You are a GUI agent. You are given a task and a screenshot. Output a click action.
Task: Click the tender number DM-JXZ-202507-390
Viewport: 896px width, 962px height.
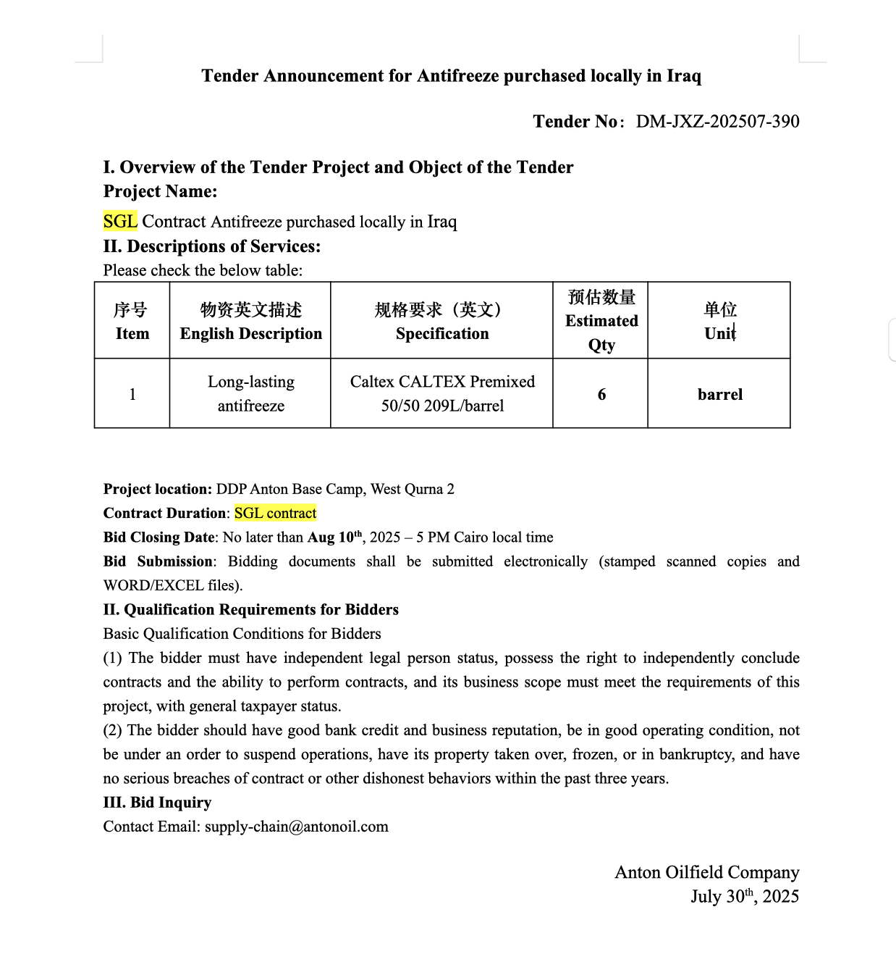(717, 122)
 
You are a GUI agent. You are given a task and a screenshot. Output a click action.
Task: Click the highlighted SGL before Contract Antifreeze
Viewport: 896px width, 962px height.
(120, 222)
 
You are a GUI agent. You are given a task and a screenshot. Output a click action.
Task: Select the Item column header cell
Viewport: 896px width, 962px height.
(132, 321)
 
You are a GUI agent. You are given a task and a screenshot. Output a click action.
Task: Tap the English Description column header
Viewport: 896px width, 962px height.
(250, 321)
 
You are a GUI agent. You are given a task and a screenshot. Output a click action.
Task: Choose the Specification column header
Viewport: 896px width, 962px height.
(441, 321)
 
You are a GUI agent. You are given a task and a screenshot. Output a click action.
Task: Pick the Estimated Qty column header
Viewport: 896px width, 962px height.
(601, 321)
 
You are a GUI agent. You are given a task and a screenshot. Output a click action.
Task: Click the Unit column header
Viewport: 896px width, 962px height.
(719, 321)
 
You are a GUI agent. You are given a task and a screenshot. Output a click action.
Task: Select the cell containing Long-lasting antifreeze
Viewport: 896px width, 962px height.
(250, 393)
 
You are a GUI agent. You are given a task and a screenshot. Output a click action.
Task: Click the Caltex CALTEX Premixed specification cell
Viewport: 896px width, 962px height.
(441, 393)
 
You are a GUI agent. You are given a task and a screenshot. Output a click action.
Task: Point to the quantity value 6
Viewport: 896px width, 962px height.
(601, 395)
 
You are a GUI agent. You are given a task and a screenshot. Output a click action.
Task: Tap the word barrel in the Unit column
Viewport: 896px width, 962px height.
(719, 395)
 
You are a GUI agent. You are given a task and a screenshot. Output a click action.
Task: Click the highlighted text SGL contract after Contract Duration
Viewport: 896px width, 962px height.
(275, 514)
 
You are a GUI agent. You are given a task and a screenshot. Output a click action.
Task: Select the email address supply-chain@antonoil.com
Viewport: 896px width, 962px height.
(296, 827)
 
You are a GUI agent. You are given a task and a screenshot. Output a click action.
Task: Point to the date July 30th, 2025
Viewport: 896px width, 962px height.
(744, 897)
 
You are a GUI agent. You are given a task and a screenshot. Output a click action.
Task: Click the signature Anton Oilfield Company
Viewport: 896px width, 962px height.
(706, 872)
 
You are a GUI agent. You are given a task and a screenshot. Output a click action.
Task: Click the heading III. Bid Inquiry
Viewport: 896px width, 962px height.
(157, 803)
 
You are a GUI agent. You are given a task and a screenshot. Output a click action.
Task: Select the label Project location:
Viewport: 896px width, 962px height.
(157, 490)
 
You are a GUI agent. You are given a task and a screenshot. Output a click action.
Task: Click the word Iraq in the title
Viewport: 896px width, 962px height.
(683, 76)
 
